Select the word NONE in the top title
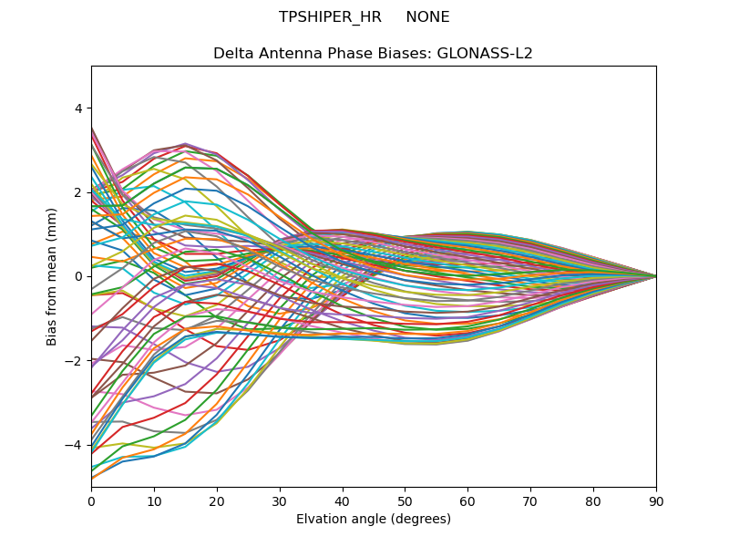[x=427, y=17]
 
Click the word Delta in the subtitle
[x=232, y=53]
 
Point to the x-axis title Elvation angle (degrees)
[x=374, y=519]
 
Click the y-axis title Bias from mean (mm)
[x=52, y=275]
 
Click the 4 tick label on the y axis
[x=77, y=108]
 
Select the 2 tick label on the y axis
[x=77, y=192]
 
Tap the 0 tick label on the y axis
[x=77, y=276]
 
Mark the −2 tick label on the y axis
[x=74, y=360]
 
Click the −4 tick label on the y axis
[x=74, y=445]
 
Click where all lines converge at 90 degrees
[x=655, y=276]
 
